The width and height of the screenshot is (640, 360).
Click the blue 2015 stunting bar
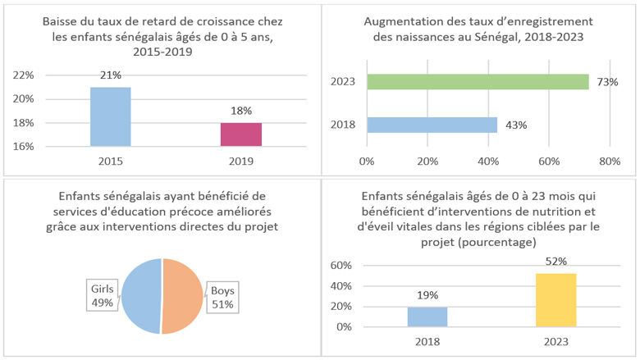coord(110,116)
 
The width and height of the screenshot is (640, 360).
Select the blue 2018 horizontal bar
coord(432,125)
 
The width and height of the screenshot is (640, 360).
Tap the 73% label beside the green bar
coord(607,82)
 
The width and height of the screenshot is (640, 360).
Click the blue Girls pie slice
coord(142,296)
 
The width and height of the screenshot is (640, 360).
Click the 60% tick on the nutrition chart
coord(341,267)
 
